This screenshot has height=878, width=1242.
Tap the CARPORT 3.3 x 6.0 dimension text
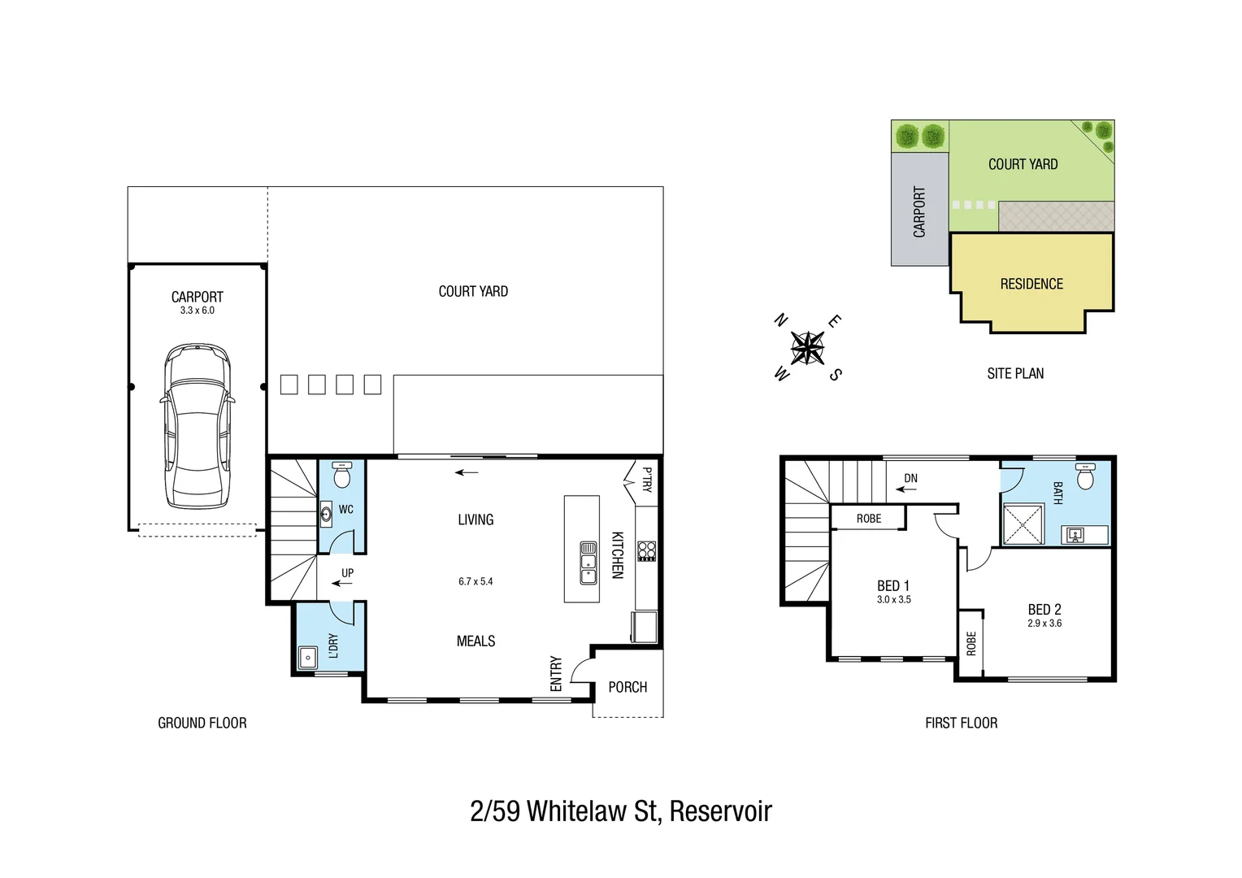point(198,311)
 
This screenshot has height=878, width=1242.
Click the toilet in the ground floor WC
point(342,475)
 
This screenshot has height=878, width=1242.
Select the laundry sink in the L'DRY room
point(308,657)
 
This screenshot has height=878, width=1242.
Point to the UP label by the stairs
point(347,573)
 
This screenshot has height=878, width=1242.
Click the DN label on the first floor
point(910,478)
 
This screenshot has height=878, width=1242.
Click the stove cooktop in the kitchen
point(647,550)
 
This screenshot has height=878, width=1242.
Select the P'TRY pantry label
point(647,480)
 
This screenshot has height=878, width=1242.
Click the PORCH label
point(628,687)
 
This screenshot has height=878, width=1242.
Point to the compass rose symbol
point(807,349)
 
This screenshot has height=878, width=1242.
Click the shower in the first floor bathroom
point(1023,524)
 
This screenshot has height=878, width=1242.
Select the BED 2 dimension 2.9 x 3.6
point(1044,624)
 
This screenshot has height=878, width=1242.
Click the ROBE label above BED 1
point(868,519)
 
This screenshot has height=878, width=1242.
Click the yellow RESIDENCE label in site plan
point(1031,284)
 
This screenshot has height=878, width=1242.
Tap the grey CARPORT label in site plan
point(919,212)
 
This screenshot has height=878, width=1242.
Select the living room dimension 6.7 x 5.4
point(476,581)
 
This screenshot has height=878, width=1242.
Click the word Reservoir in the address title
point(720,811)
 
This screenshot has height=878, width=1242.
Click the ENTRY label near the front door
point(556,673)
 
